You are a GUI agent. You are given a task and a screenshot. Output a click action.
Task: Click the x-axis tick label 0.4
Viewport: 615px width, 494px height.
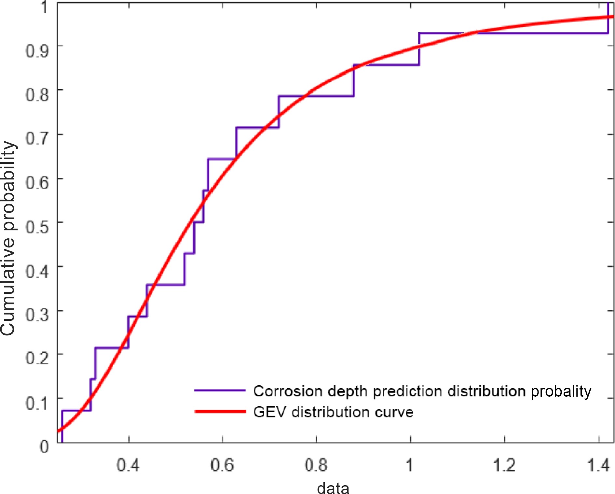point(128,465)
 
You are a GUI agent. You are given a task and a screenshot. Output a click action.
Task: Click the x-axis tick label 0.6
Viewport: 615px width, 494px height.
point(222,465)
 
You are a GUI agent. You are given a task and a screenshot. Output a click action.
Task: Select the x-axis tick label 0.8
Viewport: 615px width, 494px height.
point(316,465)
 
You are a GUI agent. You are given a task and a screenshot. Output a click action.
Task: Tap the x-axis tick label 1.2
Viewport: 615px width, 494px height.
point(504,465)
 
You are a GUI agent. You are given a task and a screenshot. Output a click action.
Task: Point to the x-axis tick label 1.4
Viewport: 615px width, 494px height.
point(598,465)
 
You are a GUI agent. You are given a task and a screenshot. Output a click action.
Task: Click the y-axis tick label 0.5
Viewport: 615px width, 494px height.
point(37,227)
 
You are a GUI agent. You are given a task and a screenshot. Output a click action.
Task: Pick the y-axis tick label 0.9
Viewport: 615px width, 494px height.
point(37,51)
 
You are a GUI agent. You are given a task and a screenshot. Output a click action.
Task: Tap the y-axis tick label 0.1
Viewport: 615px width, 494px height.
point(37,403)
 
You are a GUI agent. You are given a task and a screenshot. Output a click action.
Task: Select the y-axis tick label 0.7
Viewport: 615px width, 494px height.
point(37,139)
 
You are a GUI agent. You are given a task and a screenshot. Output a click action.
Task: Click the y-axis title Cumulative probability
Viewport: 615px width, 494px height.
point(8,238)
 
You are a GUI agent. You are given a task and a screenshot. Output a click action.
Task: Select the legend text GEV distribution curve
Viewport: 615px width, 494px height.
point(333,412)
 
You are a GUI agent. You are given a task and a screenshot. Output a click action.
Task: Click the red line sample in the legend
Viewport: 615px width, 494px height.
point(220,412)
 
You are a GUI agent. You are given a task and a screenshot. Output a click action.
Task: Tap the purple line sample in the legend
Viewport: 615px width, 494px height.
point(220,390)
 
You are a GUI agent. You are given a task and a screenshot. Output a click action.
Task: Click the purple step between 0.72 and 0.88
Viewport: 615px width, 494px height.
point(316,96)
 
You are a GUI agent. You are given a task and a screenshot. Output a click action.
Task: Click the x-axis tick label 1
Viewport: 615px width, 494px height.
point(409,465)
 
